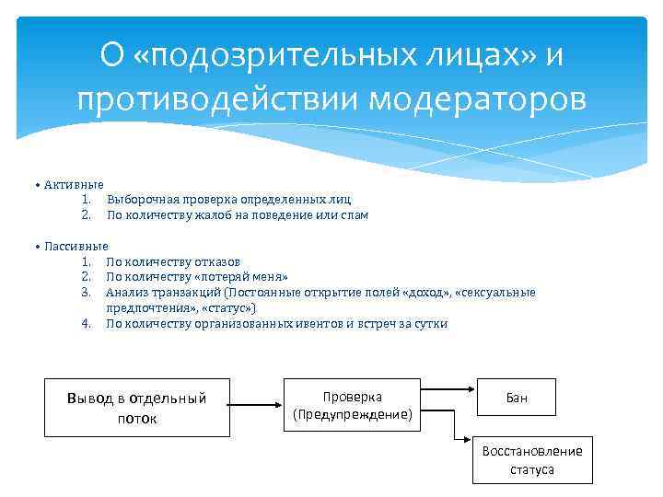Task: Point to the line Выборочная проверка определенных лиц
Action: point(228,199)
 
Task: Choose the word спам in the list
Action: point(354,214)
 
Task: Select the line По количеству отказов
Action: point(174,261)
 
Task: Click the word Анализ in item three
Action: point(126,293)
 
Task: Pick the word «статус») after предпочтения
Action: point(229,307)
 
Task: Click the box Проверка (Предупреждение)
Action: point(353,405)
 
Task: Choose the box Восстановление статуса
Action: point(532,459)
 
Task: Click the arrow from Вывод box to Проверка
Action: point(254,404)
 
